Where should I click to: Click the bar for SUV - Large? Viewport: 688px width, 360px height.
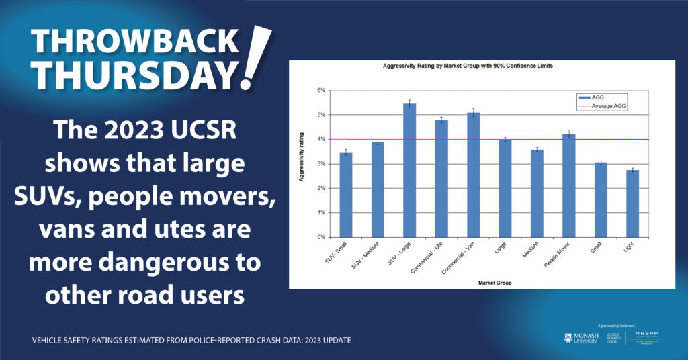coord(409,171)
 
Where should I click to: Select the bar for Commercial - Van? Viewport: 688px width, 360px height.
coord(473,175)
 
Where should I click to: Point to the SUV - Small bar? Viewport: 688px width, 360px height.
coord(346,195)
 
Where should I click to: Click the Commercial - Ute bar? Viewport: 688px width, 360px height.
coord(441,179)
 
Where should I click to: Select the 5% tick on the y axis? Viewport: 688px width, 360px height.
coord(320,115)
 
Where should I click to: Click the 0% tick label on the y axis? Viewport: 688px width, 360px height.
coord(320,237)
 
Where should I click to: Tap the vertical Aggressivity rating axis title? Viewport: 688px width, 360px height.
coord(303,163)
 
